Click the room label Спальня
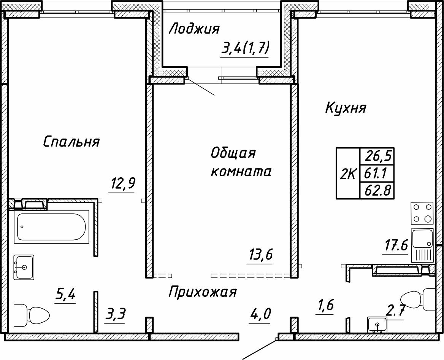point(71,142)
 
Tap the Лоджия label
point(194,29)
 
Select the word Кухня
point(346,108)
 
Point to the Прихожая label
point(202,292)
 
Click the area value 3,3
point(116,315)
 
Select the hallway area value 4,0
point(260,315)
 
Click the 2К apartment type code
point(348,174)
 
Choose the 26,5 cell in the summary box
point(378,156)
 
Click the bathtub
point(52,227)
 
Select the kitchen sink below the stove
point(423,238)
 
